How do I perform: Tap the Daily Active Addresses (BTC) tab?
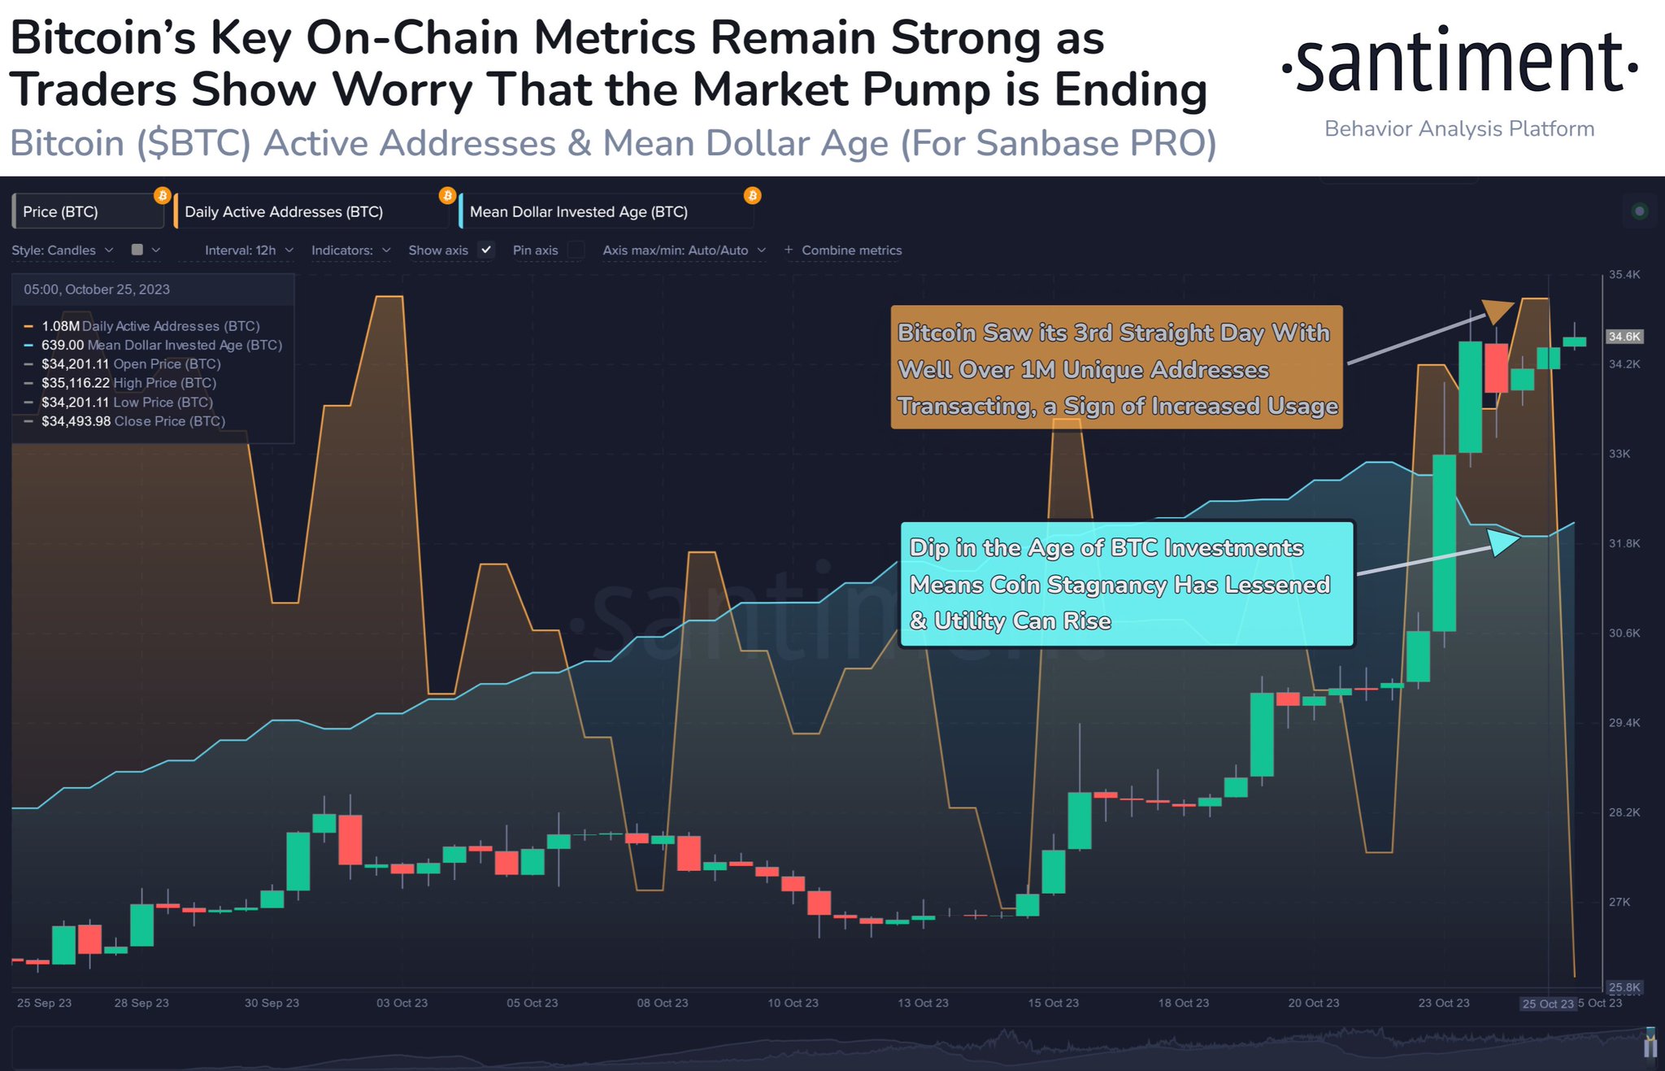pyautogui.click(x=284, y=212)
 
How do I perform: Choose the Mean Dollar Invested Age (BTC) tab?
pyautogui.click(x=579, y=212)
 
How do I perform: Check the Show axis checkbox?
pyautogui.click(x=486, y=250)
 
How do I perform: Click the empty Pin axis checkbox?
pyautogui.click(x=576, y=250)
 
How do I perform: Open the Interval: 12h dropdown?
pyautogui.click(x=249, y=250)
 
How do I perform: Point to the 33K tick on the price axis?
pyautogui.click(x=1619, y=454)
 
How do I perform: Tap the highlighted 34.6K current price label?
pyautogui.click(x=1624, y=337)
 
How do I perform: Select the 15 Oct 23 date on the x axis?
pyautogui.click(x=1053, y=1004)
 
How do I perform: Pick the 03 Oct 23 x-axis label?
pyautogui.click(x=402, y=1004)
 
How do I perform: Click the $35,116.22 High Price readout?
pyautogui.click(x=76, y=383)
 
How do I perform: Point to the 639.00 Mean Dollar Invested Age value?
pyautogui.click(x=63, y=346)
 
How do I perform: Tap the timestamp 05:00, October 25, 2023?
pyautogui.click(x=97, y=290)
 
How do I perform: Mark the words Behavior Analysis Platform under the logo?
pyautogui.click(x=1459, y=129)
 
